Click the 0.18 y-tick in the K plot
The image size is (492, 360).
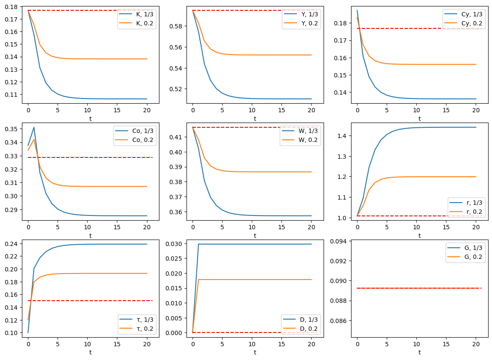(x=12, y=6)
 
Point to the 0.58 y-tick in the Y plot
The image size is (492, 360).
(x=176, y=26)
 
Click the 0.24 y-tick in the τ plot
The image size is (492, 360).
(x=12, y=244)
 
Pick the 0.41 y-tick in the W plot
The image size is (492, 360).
(x=176, y=137)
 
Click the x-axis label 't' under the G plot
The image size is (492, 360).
(x=419, y=352)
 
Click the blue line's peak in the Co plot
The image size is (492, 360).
(x=34, y=127)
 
